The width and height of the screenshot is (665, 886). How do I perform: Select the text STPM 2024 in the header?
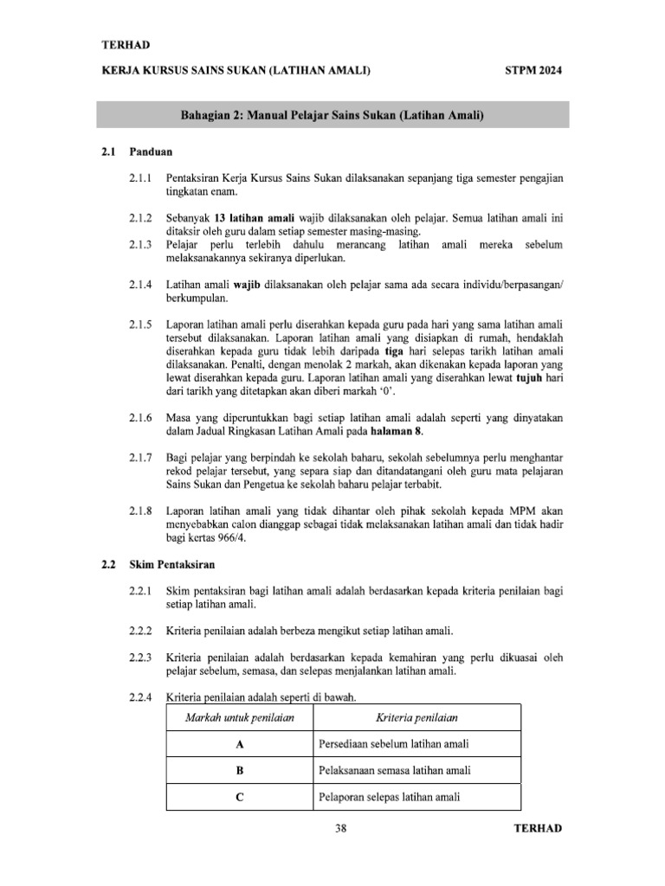pyautogui.click(x=533, y=71)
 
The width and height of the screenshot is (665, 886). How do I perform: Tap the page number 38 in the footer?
pyautogui.click(x=340, y=828)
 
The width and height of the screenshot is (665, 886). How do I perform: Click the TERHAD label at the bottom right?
pyautogui.click(x=538, y=828)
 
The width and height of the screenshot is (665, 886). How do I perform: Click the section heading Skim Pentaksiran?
pyautogui.click(x=171, y=564)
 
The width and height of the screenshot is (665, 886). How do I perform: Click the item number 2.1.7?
pyautogui.click(x=140, y=457)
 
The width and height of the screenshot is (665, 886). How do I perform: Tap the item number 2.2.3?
pyautogui.click(x=140, y=658)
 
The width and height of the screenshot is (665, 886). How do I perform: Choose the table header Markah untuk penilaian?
pyautogui.click(x=236, y=718)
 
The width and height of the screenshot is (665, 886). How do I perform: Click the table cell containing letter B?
pyautogui.click(x=236, y=770)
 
